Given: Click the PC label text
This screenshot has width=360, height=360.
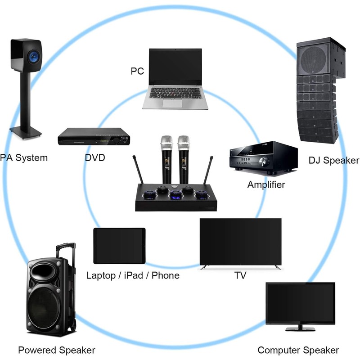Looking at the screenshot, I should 137,71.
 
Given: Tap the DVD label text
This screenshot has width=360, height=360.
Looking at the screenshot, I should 95,158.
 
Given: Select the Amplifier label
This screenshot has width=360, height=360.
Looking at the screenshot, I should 266,184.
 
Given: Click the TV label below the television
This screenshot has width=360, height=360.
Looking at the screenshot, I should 240,275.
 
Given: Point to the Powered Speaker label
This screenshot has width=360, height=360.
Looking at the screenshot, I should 57,350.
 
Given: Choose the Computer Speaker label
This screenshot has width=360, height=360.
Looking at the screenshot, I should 298,350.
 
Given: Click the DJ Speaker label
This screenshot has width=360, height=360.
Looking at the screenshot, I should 334,160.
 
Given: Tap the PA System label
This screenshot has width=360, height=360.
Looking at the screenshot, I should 23,158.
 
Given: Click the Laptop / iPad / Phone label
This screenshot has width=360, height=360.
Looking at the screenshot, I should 133,275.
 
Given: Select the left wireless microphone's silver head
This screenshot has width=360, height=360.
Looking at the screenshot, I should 166,143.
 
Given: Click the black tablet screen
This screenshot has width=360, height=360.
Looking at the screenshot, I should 120,246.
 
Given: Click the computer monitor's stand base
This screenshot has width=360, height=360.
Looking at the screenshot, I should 300,328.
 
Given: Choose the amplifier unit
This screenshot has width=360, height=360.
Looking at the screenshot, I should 264,159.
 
